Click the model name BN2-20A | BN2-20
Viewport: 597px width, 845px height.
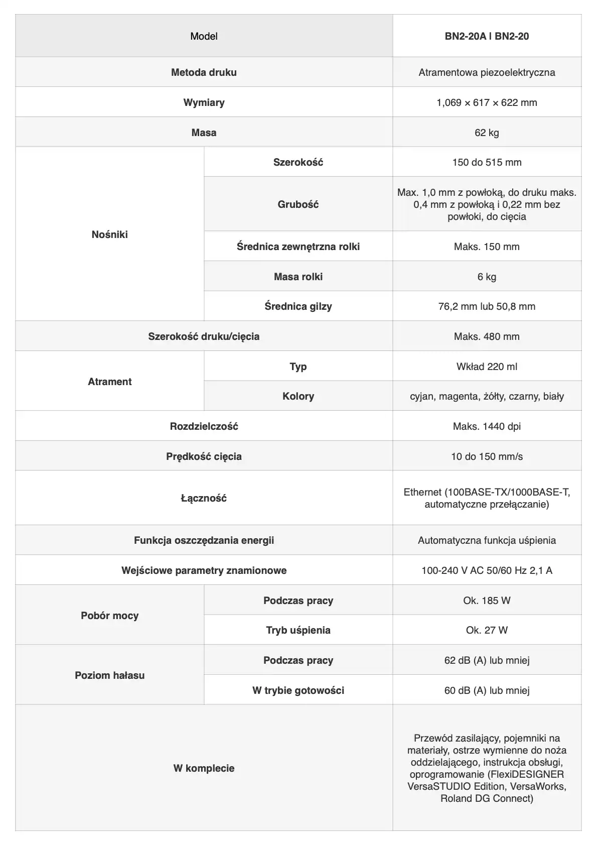coord(487,36)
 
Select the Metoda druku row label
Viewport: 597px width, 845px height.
coord(204,72)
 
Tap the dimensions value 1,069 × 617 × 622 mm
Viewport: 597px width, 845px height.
coord(487,102)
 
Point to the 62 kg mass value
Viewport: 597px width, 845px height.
coord(487,133)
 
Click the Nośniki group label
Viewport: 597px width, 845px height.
coord(109,234)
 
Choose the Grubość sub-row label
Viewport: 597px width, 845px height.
coord(298,204)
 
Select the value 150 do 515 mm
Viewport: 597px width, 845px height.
coord(487,162)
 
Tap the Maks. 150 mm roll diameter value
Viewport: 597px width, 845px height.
coord(487,247)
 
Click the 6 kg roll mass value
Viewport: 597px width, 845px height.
coord(487,277)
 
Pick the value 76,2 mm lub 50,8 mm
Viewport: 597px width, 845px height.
coord(487,306)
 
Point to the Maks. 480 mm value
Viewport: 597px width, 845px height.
coord(487,336)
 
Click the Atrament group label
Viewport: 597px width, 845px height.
coord(109,382)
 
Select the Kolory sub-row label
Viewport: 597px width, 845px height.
coord(298,396)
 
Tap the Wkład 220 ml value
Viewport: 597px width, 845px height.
coord(487,367)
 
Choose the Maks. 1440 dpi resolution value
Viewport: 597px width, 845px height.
coord(487,426)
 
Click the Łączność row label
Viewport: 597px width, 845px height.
coord(204,498)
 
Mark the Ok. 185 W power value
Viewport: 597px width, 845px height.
coord(487,600)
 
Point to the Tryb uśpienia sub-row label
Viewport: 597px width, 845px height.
coord(298,630)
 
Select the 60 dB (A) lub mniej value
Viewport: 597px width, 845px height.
coord(487,690)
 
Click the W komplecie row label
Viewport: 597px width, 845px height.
coord(204,768)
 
